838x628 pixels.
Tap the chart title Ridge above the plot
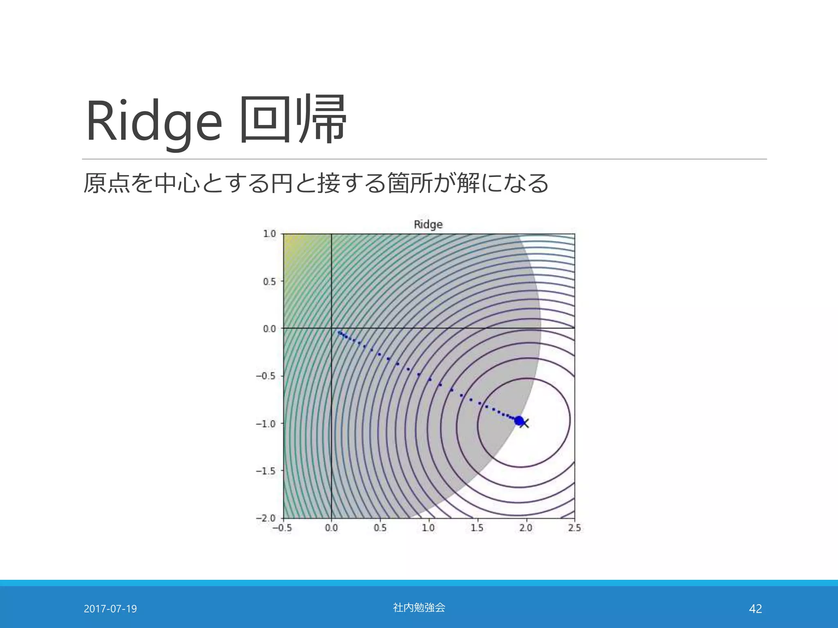(x=428, y=224)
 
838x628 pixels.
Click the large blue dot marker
(x=519, y=421)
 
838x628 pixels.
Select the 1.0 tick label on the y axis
(x=269, y=234)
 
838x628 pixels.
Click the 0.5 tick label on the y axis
(x=269, y=282)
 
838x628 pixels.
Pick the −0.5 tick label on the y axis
(x=266, y=376)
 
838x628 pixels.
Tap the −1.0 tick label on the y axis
(x=266, y=424)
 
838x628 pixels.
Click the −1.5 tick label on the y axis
(x=266, y=471)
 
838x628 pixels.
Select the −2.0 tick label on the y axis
(x=266, y=518)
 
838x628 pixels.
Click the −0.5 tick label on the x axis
(x=282, y=528)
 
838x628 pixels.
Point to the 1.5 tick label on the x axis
(x=477, y=528)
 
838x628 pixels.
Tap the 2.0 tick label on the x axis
(x=526, y=528)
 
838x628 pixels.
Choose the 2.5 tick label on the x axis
(x=574, y=528)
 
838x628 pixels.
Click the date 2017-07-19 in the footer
(x=110, y=609)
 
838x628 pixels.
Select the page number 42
(x=755, y=609)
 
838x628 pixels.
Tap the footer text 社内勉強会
(x=419, y=608)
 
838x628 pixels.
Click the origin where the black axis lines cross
(x=331, y=328)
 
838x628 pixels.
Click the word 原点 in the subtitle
(x=106, y=183)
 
